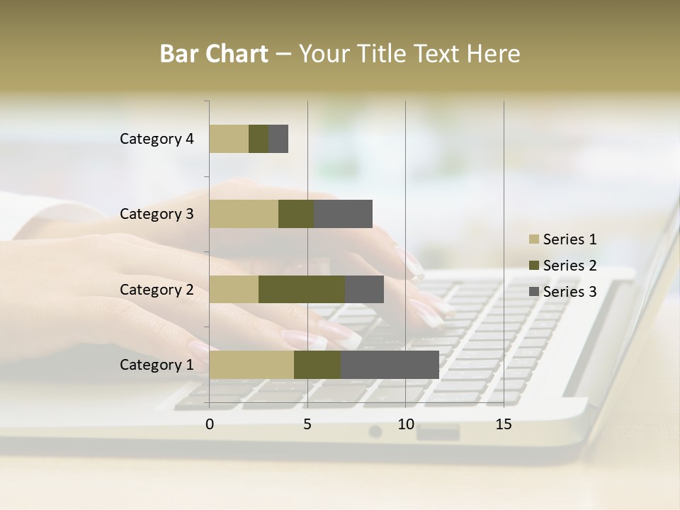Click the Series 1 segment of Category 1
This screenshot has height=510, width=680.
[x=251, y=365]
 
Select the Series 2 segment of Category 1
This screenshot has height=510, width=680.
[x=317, y=365]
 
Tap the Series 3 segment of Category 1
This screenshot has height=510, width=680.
[x=390, y=365]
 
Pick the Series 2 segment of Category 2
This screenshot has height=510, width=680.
[x=302, y=289]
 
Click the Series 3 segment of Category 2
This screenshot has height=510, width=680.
[x=364, y=289]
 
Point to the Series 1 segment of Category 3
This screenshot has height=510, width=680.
[x=244, y=214]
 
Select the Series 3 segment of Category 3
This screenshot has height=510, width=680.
[x=343, y=214]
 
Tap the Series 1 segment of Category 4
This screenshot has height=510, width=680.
[x=229, y=139]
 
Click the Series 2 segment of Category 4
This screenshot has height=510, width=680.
[x=259, y=139]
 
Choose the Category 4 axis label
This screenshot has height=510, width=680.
[x=157, y=139]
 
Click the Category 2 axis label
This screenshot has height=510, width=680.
[x=157, y=289]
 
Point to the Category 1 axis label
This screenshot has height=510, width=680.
[x=157, y=365]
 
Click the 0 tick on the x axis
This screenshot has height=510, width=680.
[x=210, y=424]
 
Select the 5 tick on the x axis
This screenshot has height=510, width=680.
[x=307, y=424]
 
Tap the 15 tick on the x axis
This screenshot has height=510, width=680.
[x=504, y=424]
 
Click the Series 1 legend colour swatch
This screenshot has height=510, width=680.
[x=533, y=239]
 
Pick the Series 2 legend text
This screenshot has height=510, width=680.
[x=569, y=266]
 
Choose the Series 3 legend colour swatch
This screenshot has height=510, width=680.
[x=533, y=292]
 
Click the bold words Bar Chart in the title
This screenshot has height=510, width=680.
[x=214, y=54]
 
